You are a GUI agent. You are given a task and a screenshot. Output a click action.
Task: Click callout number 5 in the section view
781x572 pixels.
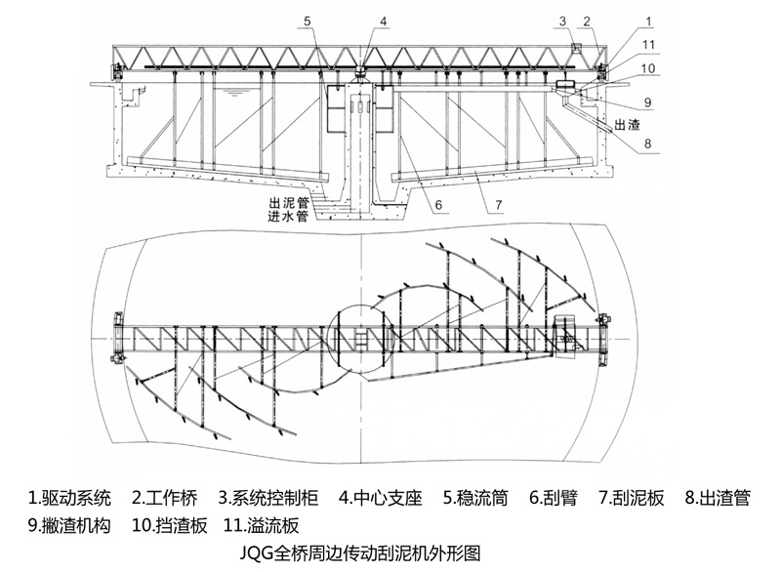pos(307,20)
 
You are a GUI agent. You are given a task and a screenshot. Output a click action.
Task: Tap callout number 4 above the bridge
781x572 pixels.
pos(384,20)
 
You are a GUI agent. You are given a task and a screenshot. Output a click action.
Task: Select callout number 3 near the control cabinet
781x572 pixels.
pos(563,20)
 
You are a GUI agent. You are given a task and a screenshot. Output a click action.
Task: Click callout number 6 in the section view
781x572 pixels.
pos(440,206)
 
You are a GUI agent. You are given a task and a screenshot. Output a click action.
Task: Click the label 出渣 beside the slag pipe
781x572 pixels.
pos(627,124)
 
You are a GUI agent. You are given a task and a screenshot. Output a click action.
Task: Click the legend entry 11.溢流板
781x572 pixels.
pos(267,525)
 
